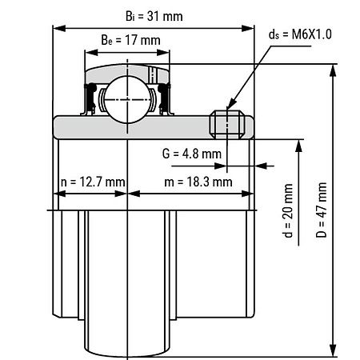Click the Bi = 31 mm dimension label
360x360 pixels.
pos(154,17)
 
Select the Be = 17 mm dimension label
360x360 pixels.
pos(130,40)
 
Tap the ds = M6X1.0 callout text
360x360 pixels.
pos(300,34)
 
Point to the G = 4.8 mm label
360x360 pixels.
pos(192,154)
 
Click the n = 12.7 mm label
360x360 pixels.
pos(93,182)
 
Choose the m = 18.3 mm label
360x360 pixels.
pos(198,182)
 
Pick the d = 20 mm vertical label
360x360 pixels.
pos(288,210)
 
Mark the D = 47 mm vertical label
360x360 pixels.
pos(322,210)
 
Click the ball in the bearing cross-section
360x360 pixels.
pos(127,99)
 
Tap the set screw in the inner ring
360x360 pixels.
pos(227,125)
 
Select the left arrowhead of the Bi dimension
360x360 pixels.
pos(59,28)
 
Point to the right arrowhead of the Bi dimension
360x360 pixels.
pos(248,28)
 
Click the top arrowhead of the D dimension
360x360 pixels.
pos(333,70)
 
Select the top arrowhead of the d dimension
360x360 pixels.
pos(298,146)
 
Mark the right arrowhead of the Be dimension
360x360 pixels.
pos(163,52)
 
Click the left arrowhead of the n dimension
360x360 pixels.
pos(59,194)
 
